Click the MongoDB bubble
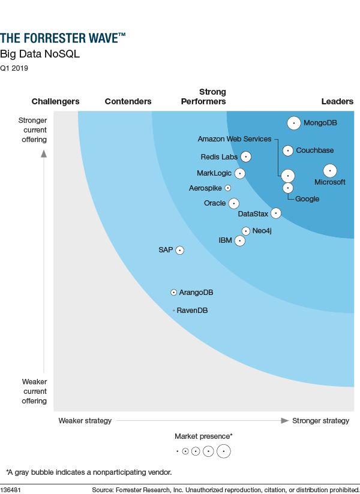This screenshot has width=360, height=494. pyautogui.click(x=293, y=123)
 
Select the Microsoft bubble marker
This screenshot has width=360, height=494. pyautogui.click(x=329, y=170)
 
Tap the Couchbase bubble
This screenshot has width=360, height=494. pyautogui.click(x=288, y=150)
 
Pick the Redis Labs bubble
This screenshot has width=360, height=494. pyautogui.click(x=245, y=157)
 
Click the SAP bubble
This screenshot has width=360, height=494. pyautogui.click(x=179, y=250)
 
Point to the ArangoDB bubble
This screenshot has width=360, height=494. pyautogui.click(x=174, y=293)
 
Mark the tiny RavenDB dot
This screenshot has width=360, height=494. pyautogui.click(x=173, y=311)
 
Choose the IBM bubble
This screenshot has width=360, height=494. pyautogui.click(x=240, y=240)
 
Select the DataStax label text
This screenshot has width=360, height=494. pyautogui.click(x=253, y=213)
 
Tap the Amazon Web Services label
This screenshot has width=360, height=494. pyautogui.click(x=235, y=139)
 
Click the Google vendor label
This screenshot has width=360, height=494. pyautogui.click(x=307, y=199)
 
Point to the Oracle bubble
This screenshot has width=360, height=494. pyautogui.click(x=234, y=203)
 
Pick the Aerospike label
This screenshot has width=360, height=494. pyautogui.click(x=205, y=188)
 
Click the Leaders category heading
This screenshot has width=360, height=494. pyautogui.click(x=337, y=101)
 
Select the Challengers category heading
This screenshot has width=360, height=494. pyautogui.click(x=55, y=101)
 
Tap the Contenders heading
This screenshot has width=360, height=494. pyautogui.click(x=128, y=101)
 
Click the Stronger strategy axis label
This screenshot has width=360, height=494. pyautogui.click(x=320, y=421)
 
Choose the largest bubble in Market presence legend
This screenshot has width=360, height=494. pyautogui.click(x=224, y=451)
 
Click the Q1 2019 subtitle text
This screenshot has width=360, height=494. pyautogui.click(x=14, y=68)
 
